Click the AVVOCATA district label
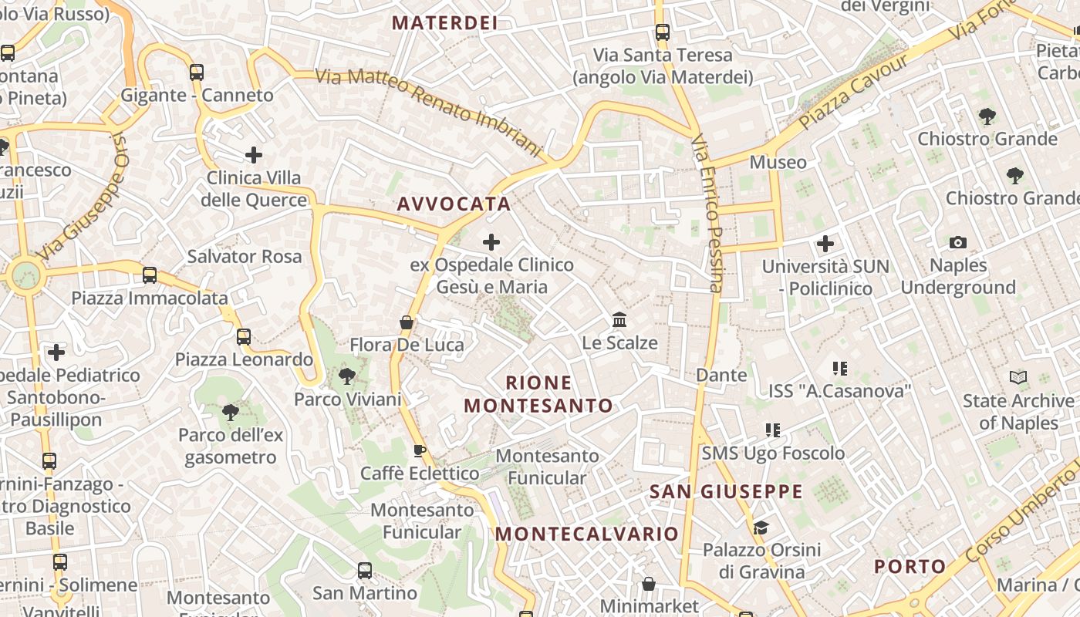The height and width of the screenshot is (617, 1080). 454,204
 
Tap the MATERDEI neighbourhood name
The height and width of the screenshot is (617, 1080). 444,23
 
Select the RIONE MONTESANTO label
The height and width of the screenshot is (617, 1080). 538,394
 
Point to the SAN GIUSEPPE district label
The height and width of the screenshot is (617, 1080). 726,492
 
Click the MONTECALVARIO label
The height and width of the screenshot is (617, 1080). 586,534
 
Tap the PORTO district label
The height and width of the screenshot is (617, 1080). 910,567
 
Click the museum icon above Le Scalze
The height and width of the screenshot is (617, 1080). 619,319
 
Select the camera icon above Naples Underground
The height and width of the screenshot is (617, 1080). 958,242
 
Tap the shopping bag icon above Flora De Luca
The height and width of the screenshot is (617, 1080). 407,322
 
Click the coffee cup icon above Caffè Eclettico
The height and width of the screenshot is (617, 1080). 419,450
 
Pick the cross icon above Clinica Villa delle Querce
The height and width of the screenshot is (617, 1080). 254,155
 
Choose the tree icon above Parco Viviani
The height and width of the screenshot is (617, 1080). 347,376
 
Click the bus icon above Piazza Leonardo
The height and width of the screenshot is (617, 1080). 244,336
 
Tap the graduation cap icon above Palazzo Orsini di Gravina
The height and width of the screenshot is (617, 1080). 761,528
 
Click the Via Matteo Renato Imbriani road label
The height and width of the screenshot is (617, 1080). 430,110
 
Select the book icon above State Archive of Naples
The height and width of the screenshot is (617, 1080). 1018,378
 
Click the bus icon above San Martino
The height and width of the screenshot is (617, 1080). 365,571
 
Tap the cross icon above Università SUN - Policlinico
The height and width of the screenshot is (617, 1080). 825,244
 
